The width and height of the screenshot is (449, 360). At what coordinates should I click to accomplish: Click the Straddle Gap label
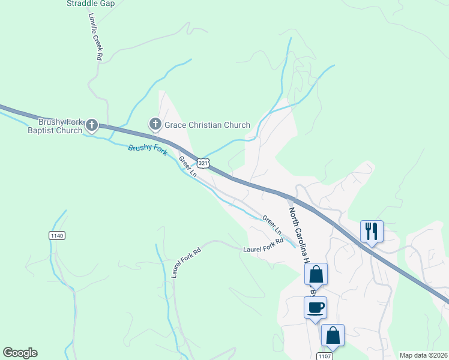91,3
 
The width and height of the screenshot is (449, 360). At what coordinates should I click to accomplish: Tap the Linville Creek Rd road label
95,37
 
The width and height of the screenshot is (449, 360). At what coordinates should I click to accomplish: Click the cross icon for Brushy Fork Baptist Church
91,125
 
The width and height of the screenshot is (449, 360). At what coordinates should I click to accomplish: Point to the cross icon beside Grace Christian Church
155,124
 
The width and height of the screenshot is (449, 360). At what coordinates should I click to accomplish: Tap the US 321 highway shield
203,163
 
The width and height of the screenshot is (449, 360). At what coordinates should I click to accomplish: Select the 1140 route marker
57,236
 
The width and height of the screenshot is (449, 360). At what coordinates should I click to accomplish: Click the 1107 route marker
324,356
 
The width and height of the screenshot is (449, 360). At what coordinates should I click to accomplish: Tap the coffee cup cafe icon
315,307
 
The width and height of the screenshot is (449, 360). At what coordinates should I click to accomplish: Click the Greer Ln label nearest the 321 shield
187,166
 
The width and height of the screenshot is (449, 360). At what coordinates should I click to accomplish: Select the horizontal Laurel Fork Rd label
262,248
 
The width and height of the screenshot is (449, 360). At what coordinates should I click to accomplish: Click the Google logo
20,353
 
